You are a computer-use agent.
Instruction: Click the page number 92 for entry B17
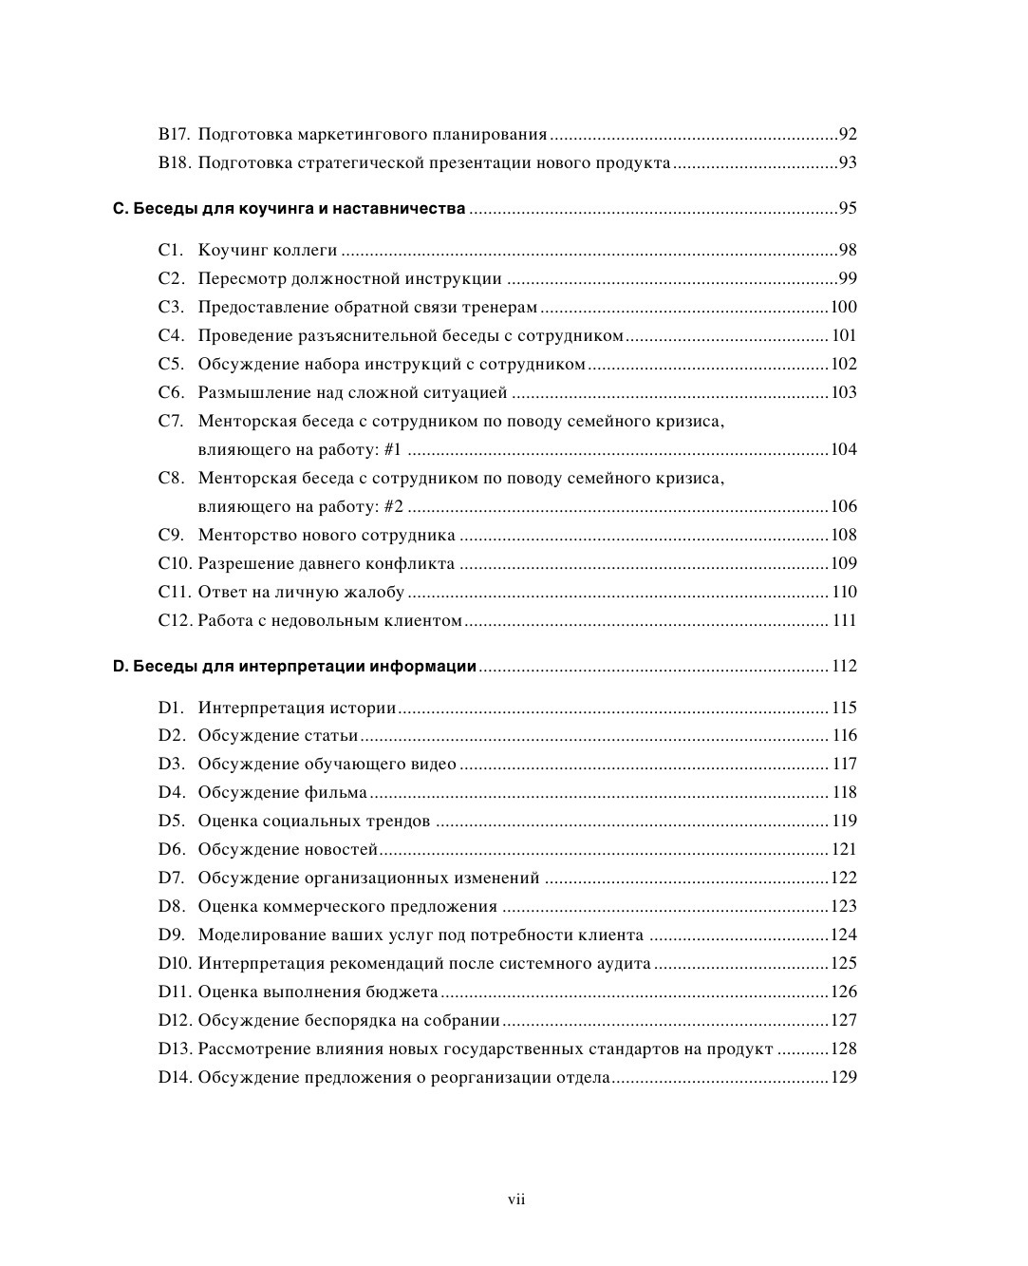point(848,135)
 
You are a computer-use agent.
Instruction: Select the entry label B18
point(175,163)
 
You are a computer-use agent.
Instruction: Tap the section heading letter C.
point(119,209)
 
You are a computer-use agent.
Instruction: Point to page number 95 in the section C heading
point(848,209)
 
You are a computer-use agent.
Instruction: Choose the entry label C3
point(171,308)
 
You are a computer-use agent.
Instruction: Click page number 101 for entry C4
point(844,336)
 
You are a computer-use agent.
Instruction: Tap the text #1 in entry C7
point(392,450)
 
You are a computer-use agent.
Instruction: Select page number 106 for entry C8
point(844,507)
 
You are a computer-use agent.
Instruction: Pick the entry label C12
point(176,621)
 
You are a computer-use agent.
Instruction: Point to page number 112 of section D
point(844,667)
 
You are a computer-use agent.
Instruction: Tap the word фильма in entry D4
point(335,793)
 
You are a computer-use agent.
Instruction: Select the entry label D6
point(171,850)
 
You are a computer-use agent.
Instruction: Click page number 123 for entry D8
point(844,907)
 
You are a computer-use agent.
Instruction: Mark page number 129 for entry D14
point(844,1078)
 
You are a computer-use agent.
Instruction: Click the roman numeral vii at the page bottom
point(516,1200)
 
